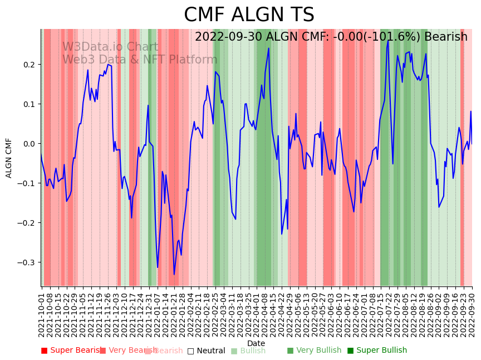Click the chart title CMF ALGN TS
(249, 15)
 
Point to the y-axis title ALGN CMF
(9, 158)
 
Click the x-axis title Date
(256, 343)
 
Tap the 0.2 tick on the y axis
(28, 65)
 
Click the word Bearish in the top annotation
(445, 37)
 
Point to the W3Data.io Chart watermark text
(110, 47)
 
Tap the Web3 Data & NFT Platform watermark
(140, 60)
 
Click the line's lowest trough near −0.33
(174, 274)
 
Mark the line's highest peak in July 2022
(388, 41)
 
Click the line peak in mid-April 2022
(268, 48)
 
